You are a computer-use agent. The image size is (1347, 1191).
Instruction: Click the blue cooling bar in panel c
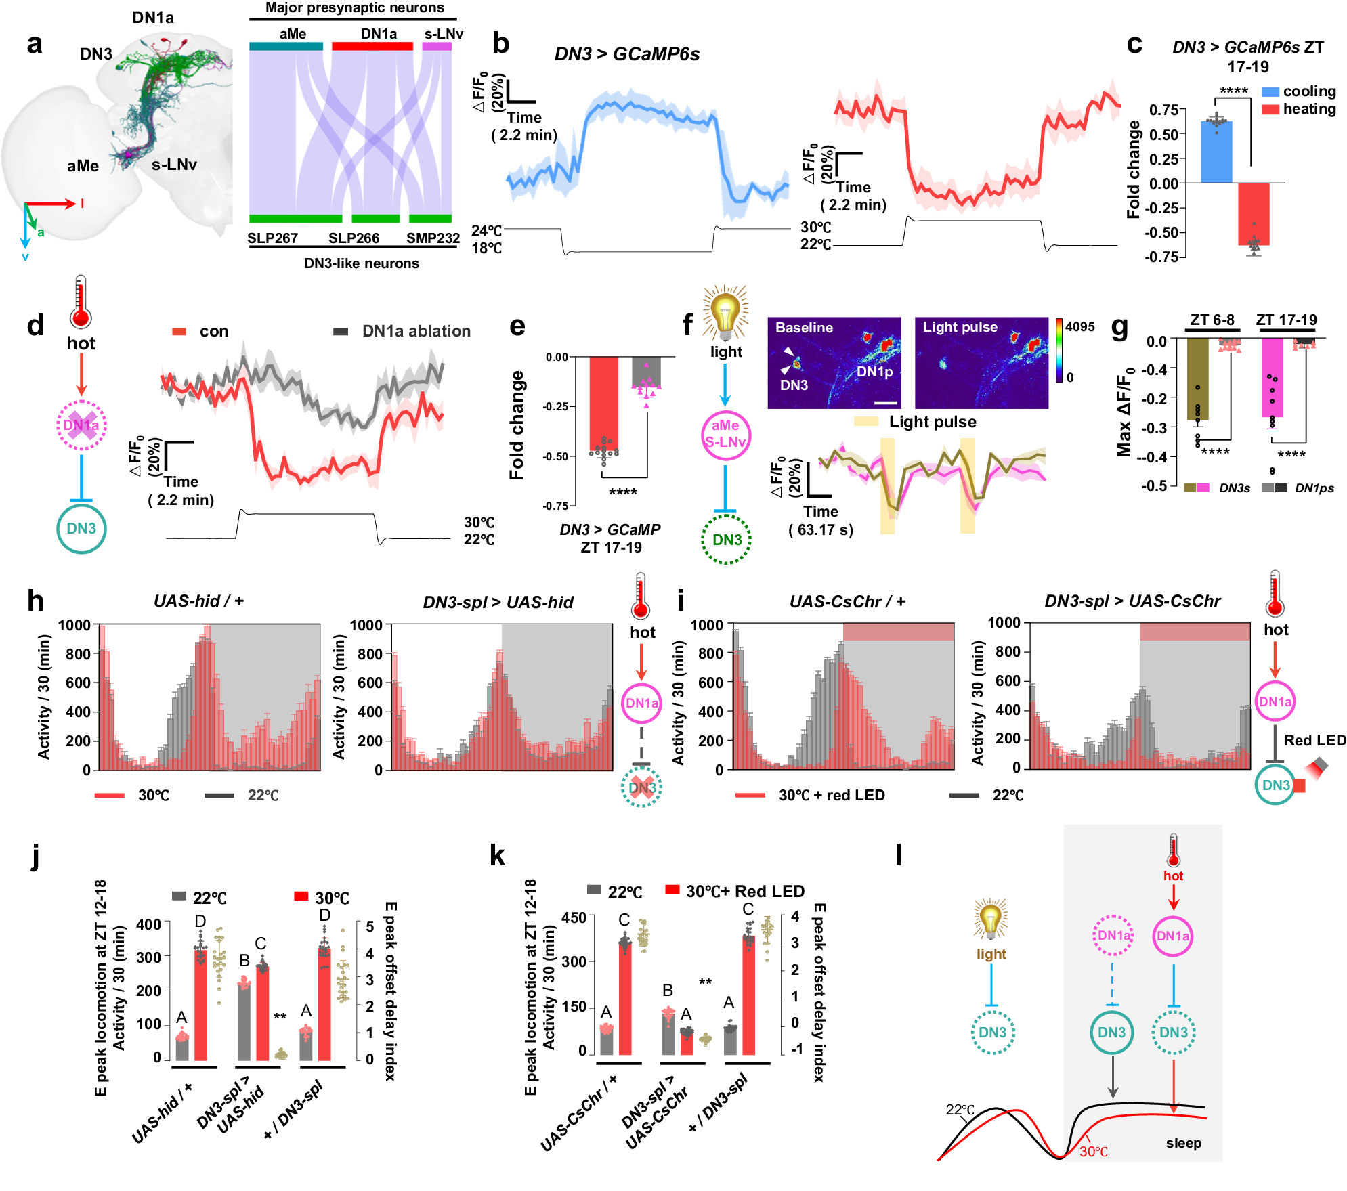(x=1216, y=152)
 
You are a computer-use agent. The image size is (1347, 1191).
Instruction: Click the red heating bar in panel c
(x=1254, y=213)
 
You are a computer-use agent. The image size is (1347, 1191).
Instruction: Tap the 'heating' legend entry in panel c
(x=1308, y=109)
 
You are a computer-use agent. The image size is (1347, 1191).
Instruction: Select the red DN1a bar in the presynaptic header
(x=372, y=46)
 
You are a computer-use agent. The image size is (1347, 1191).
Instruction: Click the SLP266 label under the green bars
(x=354, y=238)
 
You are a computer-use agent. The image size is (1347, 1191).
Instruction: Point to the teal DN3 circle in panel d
(x=81, y=529)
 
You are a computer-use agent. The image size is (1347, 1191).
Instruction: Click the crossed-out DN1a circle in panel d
(x=81, y=425)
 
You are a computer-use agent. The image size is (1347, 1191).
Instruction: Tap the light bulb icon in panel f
(x=725, y=313)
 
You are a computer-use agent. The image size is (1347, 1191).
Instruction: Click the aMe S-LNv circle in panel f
(x=725, y=434)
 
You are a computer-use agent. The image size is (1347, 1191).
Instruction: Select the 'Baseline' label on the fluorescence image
(x=804, y=328)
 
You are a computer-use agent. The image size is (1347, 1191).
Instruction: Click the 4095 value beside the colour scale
(x=1079, y=327)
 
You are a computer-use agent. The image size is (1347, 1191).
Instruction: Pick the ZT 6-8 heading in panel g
(x=1212, y=320)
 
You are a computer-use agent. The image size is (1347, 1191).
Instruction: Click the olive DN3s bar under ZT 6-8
(x=1197, y=379)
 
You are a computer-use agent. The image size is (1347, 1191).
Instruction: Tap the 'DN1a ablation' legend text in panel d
(x=416, y=331)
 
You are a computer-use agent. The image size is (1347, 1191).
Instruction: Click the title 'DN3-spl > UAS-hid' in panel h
(x=498, y=602)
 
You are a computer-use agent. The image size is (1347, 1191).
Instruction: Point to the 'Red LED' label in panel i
(x=1314, y=740)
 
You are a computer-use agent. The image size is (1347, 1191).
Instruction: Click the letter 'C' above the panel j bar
(x=260, y=943)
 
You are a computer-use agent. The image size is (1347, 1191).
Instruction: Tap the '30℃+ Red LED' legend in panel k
(x=744, y=891)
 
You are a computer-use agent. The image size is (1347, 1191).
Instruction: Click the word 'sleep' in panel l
(x=1183, y=1143)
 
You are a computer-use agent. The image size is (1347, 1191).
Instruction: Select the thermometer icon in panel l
(x=1174, y=850)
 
